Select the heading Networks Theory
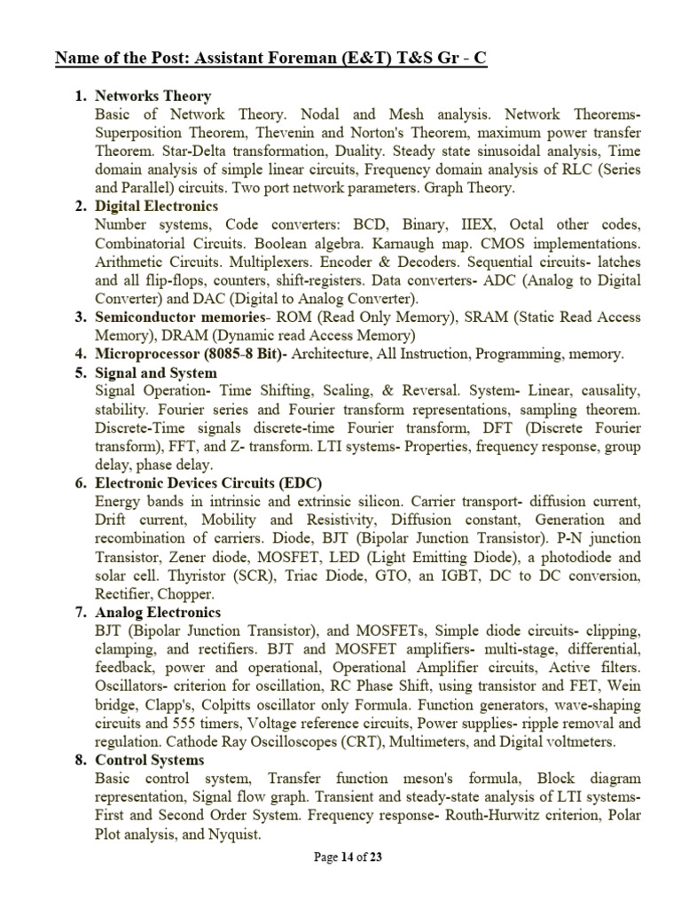(153, 97)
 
